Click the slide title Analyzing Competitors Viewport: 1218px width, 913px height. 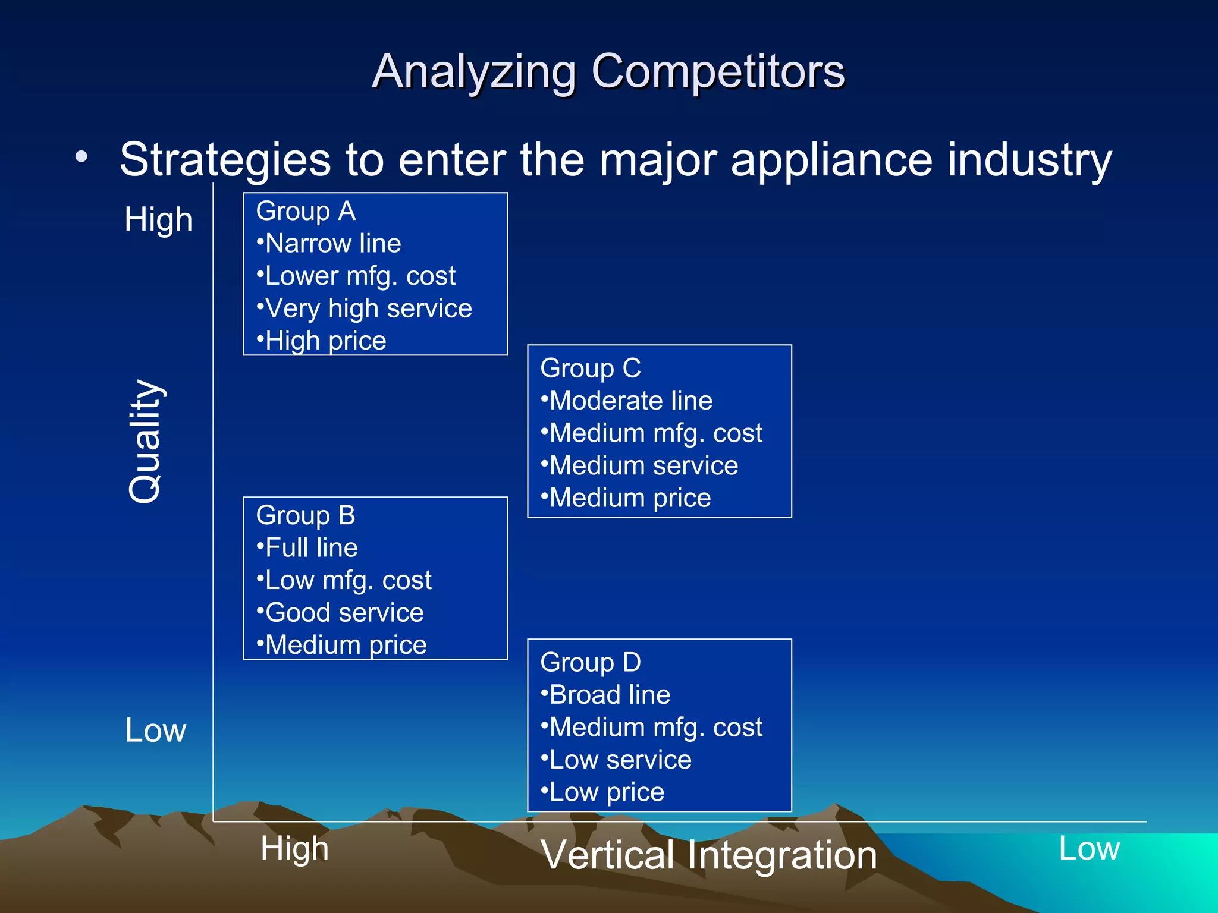coord(608,71)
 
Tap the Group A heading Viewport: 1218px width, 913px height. coord(306,212)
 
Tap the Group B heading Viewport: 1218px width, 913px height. coord(306,515)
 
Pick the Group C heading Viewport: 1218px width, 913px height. coord(591,369)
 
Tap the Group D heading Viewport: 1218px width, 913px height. coord(591,663)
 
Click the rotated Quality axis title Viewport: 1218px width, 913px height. coord(145,442)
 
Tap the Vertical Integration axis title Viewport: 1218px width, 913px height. coord(709,855)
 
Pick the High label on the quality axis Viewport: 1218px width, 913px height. coord(158,219)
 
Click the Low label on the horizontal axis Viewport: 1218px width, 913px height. coord(1089,849)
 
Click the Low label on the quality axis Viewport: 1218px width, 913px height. coord(155,731)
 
